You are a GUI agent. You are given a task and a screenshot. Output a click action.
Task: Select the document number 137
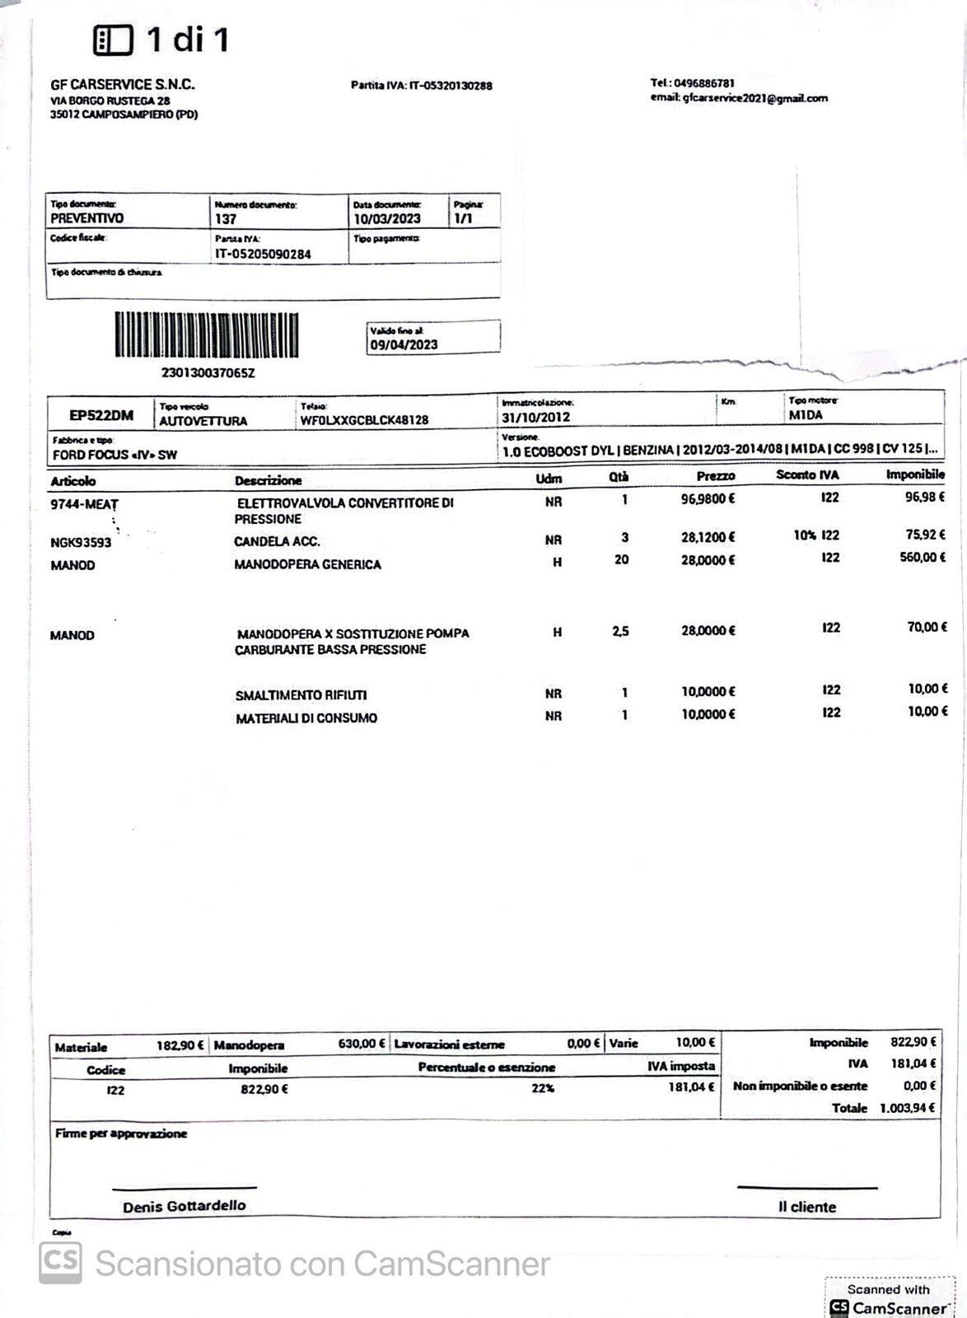pyautogui.click(x=226, y=219)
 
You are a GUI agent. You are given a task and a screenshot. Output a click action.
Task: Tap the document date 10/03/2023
pyautogui.click(x=387, y=219)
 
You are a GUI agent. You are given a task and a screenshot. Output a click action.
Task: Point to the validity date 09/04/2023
pyautogui.click(x=404, y=345)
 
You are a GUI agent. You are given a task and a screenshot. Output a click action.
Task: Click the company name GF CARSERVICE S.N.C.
pyautogui.click(x=123, y=84)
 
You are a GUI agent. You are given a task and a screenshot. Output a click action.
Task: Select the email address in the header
pyautogui.click(x=739, y=98)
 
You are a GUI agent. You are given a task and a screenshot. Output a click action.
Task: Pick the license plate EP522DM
pyautogui.click(x=101, y=414)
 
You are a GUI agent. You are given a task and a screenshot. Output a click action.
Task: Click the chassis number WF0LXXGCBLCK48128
pyautogui.click(x=364, y=420)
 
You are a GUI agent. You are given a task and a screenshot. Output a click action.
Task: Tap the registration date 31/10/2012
pyautogui.click(x=536, y=417)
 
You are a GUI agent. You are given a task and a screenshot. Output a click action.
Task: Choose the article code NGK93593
pyautogui.click(x=81, y=542)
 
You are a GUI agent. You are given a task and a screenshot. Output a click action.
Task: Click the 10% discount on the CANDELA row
pyautogui.click(x=804, y=535)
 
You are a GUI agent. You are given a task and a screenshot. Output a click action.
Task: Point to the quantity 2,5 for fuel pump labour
pyautogui.click(x=620, y=631)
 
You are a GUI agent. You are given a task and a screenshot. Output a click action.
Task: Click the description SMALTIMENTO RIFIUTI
pyautogui.click(x=301, y=695)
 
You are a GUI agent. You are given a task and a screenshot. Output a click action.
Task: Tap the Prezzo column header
pyautogui.click(x=715, y=476)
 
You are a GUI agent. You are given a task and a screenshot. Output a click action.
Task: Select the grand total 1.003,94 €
pyautogui.click(x=907, y=1108)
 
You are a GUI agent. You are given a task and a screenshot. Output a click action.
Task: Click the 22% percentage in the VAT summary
pyautogui.click(x=543, y=1088)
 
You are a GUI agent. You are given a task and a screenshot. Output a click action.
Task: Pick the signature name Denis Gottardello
pyautogui.click(x=185, y=1206)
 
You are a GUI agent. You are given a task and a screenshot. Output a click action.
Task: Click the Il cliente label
pyautogui.click(x=806, y=1207)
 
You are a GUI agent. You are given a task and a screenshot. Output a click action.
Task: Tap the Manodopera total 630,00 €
pyautogui.click(x=361, y=1044)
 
